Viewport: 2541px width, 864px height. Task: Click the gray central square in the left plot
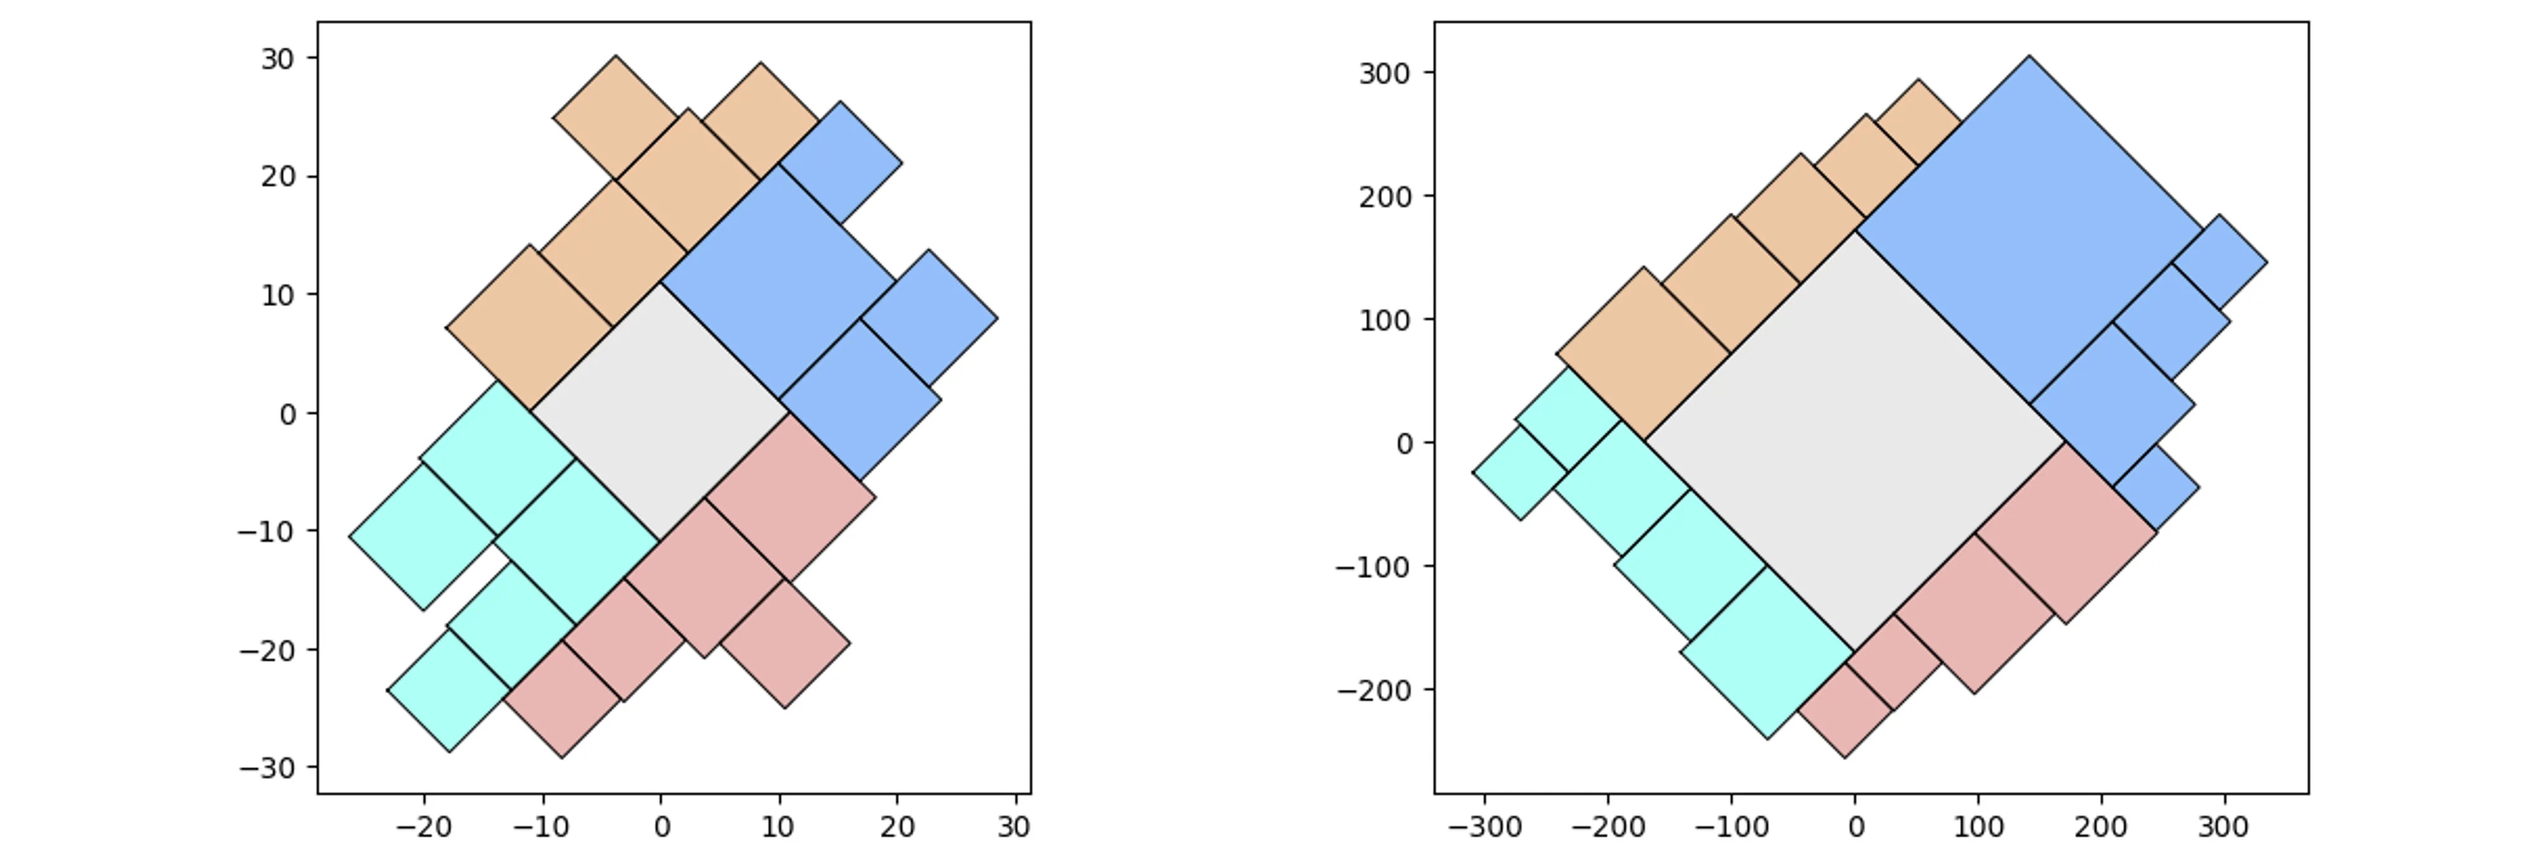coord(660,411)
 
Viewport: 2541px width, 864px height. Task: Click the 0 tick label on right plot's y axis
coord(1406,444)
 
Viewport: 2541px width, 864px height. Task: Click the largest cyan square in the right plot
coord(1767,652)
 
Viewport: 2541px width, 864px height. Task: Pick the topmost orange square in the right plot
coord(1918,122)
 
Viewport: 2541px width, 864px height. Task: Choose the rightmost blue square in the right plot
coord(2220,262)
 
